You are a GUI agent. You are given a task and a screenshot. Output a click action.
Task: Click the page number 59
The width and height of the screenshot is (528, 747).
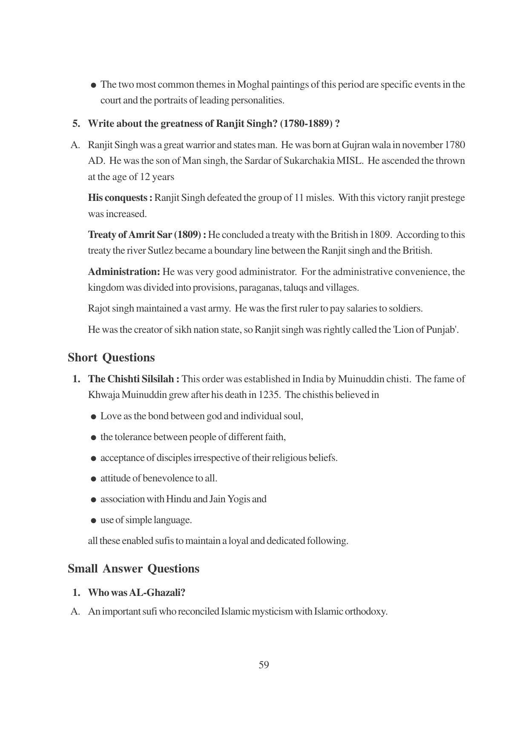click(x=264, y=665)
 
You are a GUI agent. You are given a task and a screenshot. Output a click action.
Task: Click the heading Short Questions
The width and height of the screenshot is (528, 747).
click(x=111, y=358)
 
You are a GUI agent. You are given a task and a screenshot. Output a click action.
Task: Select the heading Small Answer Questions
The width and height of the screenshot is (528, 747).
click(x=133, y=569)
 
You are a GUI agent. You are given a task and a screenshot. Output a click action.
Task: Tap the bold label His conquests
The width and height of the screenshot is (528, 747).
click(x=120, y=198)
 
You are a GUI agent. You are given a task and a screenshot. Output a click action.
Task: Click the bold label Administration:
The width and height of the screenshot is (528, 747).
click(x=124, y=272)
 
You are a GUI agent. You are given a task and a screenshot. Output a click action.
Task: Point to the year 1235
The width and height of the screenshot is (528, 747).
click(x=269, y=395)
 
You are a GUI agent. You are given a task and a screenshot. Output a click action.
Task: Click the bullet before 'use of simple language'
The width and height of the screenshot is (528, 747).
click(x=93, y=521)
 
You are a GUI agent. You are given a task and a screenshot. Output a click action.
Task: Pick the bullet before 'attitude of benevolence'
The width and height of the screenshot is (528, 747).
click(x=93, y=479)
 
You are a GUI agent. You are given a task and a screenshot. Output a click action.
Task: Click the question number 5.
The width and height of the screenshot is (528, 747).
click(x=76, y=124)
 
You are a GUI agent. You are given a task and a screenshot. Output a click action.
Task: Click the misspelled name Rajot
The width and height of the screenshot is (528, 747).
click(x=98, y=309)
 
